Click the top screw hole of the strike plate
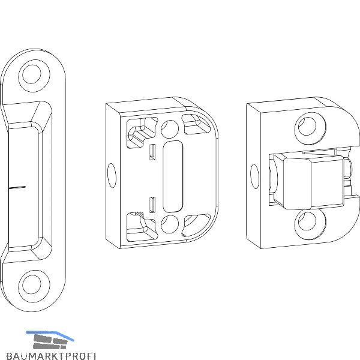click(x=32, y=74)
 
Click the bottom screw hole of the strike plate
click(x=32, y=284)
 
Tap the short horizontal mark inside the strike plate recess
click(x=17, y=188)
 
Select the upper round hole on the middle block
click(x=170, y=129)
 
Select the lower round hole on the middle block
click(x=170, y=224)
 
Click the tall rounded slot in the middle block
click(x=173, y=176)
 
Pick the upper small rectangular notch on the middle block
click(x=152, y=152)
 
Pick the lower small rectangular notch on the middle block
click(x=152, y=205)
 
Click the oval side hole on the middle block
click(x=112, y=175)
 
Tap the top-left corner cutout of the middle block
click(x=141, y=132)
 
